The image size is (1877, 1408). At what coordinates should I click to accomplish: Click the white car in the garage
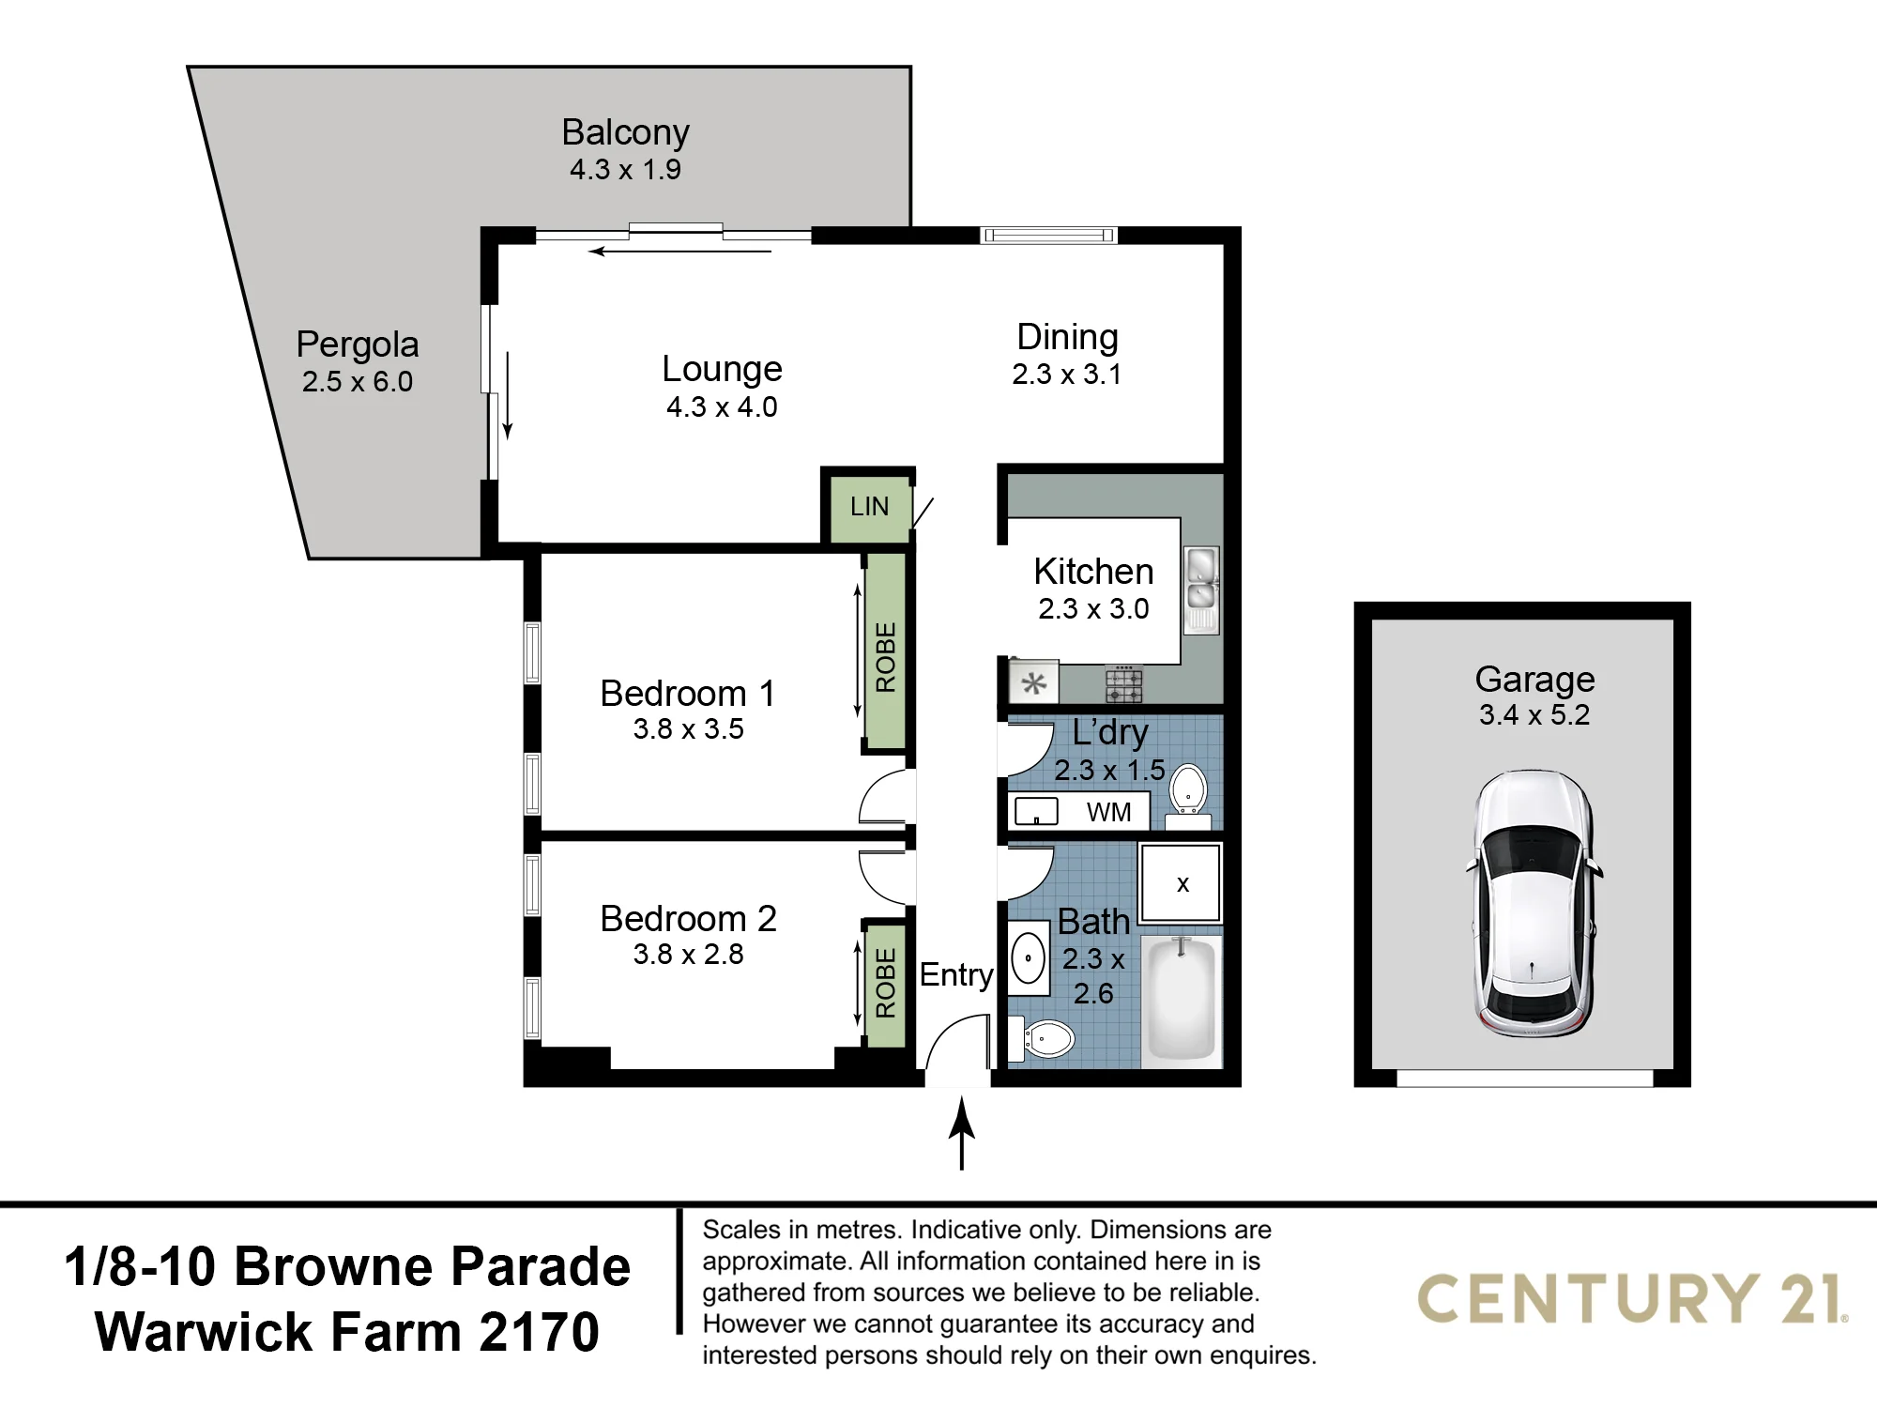[1534, 904]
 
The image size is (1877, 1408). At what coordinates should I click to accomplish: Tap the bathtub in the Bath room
[1182, 1000]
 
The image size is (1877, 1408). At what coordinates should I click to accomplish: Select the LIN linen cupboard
[869, 507]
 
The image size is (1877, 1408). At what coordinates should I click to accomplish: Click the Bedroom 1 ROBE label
[885, 656]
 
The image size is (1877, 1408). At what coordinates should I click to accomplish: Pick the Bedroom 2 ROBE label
[885, 983]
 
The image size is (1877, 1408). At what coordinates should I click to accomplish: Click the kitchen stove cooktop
[1123, 684]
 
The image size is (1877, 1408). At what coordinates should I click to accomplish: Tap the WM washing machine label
[1108, 812]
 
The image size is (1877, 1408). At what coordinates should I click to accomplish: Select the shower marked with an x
[1181, 883]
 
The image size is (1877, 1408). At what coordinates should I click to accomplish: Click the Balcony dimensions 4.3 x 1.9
[625, 170]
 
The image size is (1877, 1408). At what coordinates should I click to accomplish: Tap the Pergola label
[358, 345]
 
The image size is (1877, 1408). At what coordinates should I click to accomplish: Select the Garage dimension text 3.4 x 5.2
[1534, 714]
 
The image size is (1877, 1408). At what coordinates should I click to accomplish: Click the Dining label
[1067, 337]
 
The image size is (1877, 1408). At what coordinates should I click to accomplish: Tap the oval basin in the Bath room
[1029, 958]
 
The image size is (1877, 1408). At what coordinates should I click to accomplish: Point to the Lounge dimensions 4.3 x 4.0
[722, 407]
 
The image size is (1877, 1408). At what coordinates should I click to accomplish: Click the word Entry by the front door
[956, 976]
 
